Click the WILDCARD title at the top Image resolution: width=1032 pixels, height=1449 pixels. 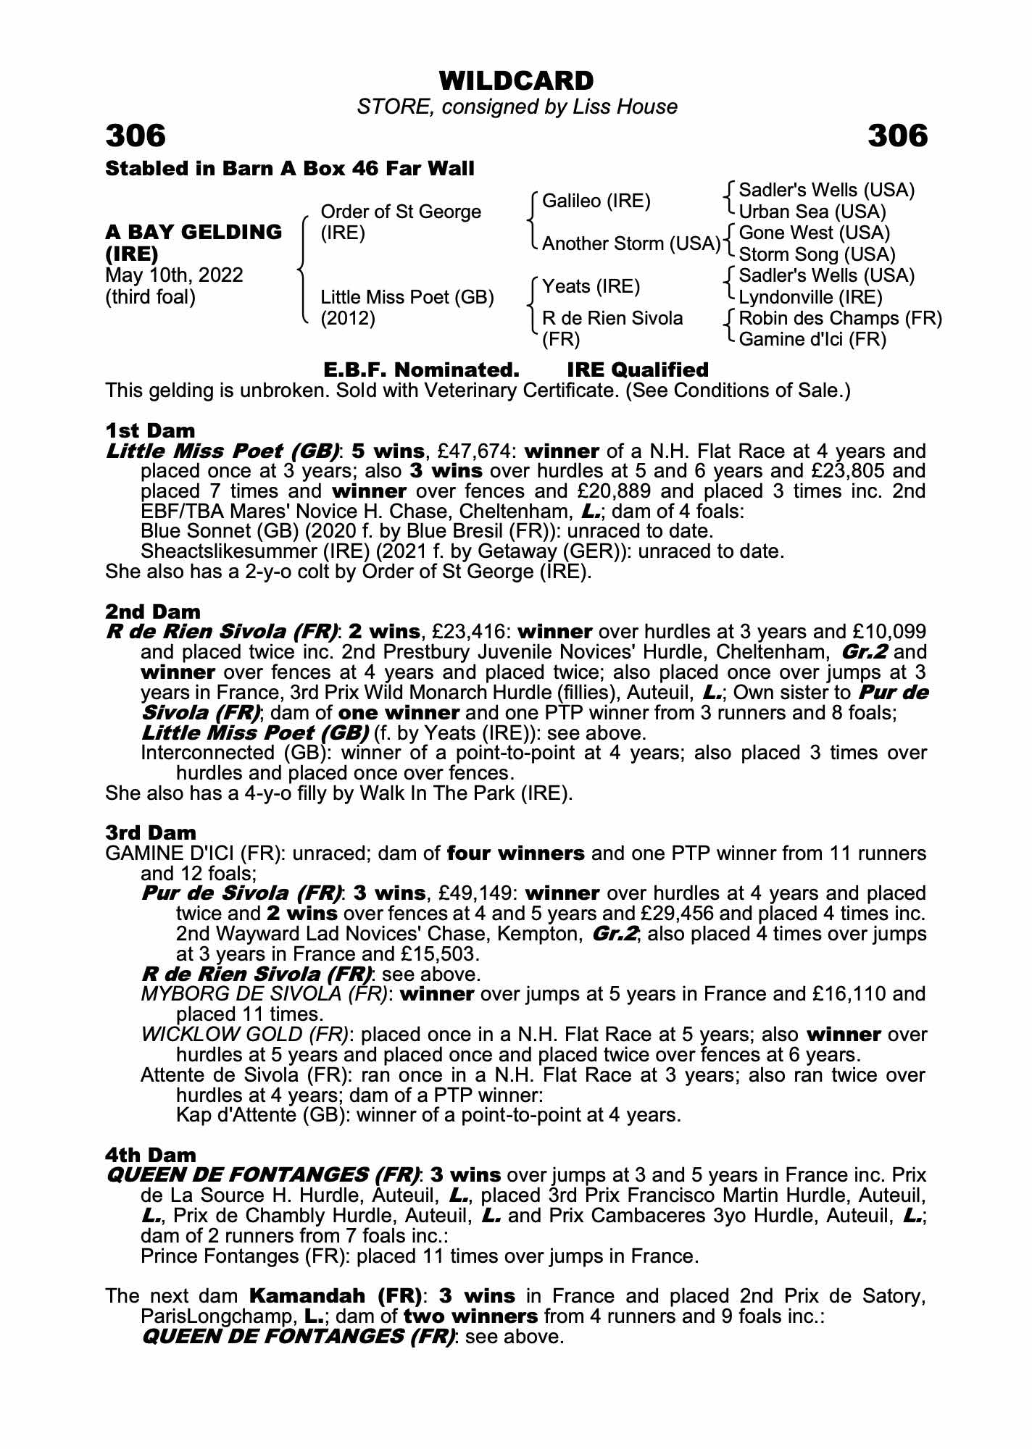tap(516, 80)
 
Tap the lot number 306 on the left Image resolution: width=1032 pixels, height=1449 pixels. tap(136, 135)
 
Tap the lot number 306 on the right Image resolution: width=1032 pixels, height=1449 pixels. tap(897, 135)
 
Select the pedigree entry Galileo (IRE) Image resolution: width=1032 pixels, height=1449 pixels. tap(596, 201)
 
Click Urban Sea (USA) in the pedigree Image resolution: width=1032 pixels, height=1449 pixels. tap(812, 212)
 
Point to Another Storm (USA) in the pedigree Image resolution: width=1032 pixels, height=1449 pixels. tap(631, 243)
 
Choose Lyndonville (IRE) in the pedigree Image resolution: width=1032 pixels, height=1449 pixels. tap(810, 297)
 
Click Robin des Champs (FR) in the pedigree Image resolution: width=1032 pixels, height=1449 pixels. tap(840, 318)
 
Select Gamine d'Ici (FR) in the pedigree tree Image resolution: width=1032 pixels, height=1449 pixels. tap(812, 339)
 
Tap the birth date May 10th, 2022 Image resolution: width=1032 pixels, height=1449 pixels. tap(174, 275)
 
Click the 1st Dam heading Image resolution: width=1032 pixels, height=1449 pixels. tap(150, 431)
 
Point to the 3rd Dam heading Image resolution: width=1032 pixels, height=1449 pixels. tap(151, 832)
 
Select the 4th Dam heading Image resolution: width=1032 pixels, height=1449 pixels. tap(151, 1154)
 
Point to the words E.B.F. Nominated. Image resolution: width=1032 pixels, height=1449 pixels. tap(421, 369)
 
